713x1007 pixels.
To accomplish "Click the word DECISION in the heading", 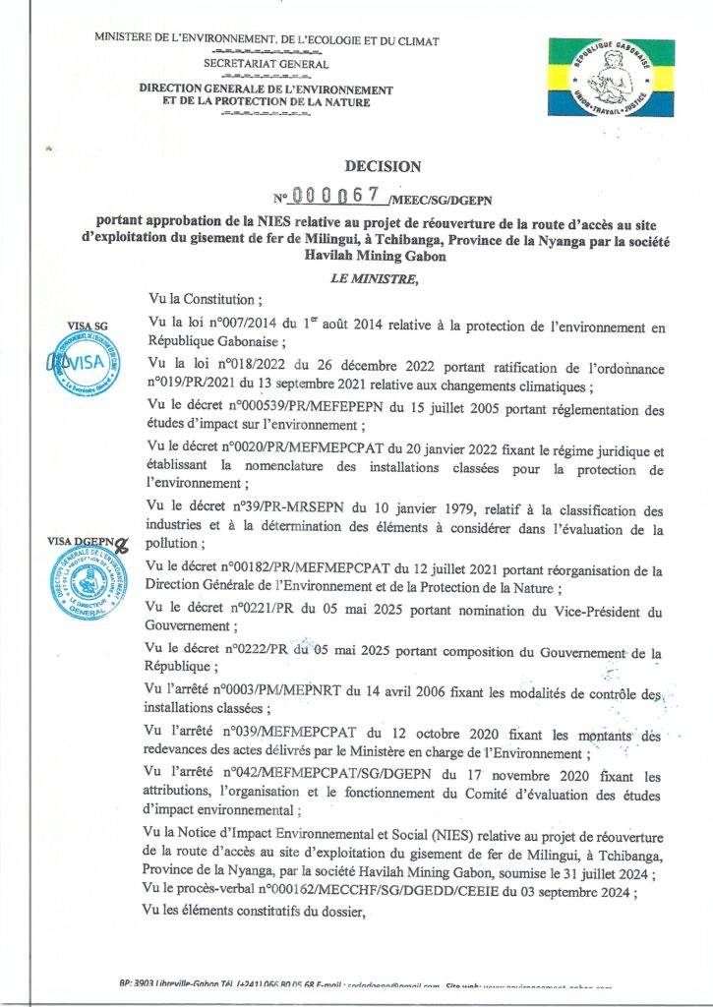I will coord(383,167).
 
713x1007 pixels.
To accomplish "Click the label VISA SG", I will coord(86,325).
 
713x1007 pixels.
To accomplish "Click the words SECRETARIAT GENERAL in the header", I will coord(266,63).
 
